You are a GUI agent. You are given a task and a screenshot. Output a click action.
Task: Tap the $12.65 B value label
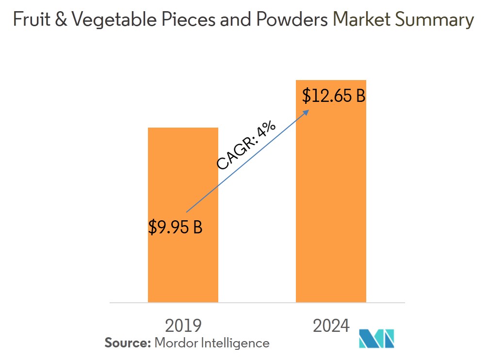point(333,96)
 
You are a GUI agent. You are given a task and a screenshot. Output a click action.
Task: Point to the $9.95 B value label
point(175,227)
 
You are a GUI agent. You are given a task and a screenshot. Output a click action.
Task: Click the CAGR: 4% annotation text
point(246,146)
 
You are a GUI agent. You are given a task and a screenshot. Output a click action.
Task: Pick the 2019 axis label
point(183,326)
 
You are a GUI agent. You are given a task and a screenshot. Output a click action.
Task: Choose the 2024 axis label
point(331,326)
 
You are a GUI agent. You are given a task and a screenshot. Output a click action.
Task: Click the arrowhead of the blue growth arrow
point(306,111)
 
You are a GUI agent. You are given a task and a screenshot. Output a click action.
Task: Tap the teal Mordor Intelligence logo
point(376,338)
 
